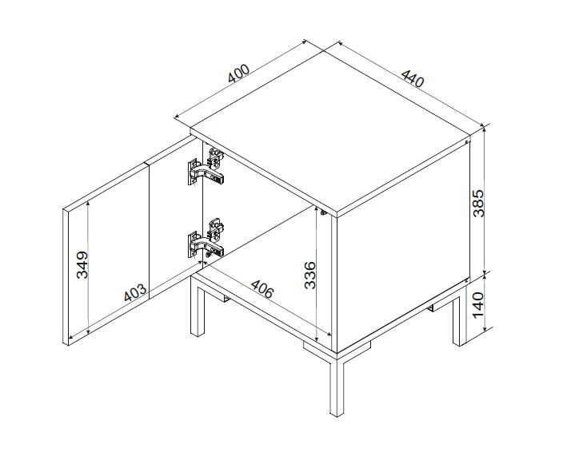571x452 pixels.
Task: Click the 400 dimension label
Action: [x=238, y=73]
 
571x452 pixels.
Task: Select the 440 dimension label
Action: [x=413, y=77]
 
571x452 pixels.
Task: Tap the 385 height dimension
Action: [x=478, y=203]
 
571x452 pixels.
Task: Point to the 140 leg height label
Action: [x=478, y=305]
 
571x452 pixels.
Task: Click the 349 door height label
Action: [x=82, y=264]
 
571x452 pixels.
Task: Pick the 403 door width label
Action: [x=135, y=293]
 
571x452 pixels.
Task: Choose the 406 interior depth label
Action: [x=262, y=288]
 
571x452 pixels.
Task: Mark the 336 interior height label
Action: [x=310, y=275]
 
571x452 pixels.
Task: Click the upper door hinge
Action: [x=206, y=166]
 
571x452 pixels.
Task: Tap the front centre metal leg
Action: [x=337, y=385]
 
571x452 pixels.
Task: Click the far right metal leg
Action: [x=460, y=320]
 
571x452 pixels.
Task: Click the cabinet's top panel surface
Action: [x=329, y=131]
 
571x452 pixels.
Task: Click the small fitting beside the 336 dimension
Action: [x=323, y=212]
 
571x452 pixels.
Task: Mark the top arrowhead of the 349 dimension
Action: [x=88, y=204]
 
